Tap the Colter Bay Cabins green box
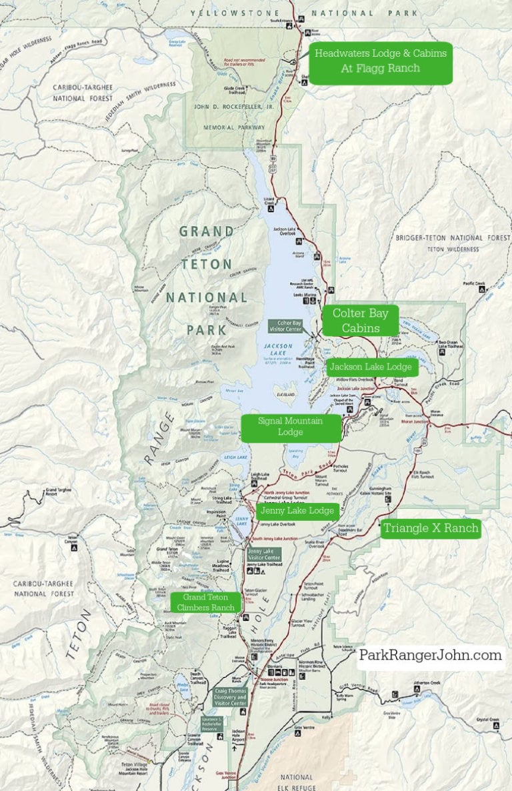(x=361, y=320)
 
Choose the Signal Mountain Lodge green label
(x=291, y=427)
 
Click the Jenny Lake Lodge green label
(x=297, y=511)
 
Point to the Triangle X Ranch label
(x=431, y=529)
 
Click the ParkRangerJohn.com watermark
(x=431, y=656)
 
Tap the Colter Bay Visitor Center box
(x=286, y=325)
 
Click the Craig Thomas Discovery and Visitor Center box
(x=230, y=696)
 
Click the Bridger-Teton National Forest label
(x=452, y=238)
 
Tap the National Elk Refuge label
(x=296, y=782)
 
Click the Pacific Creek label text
(x=476, y=283)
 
